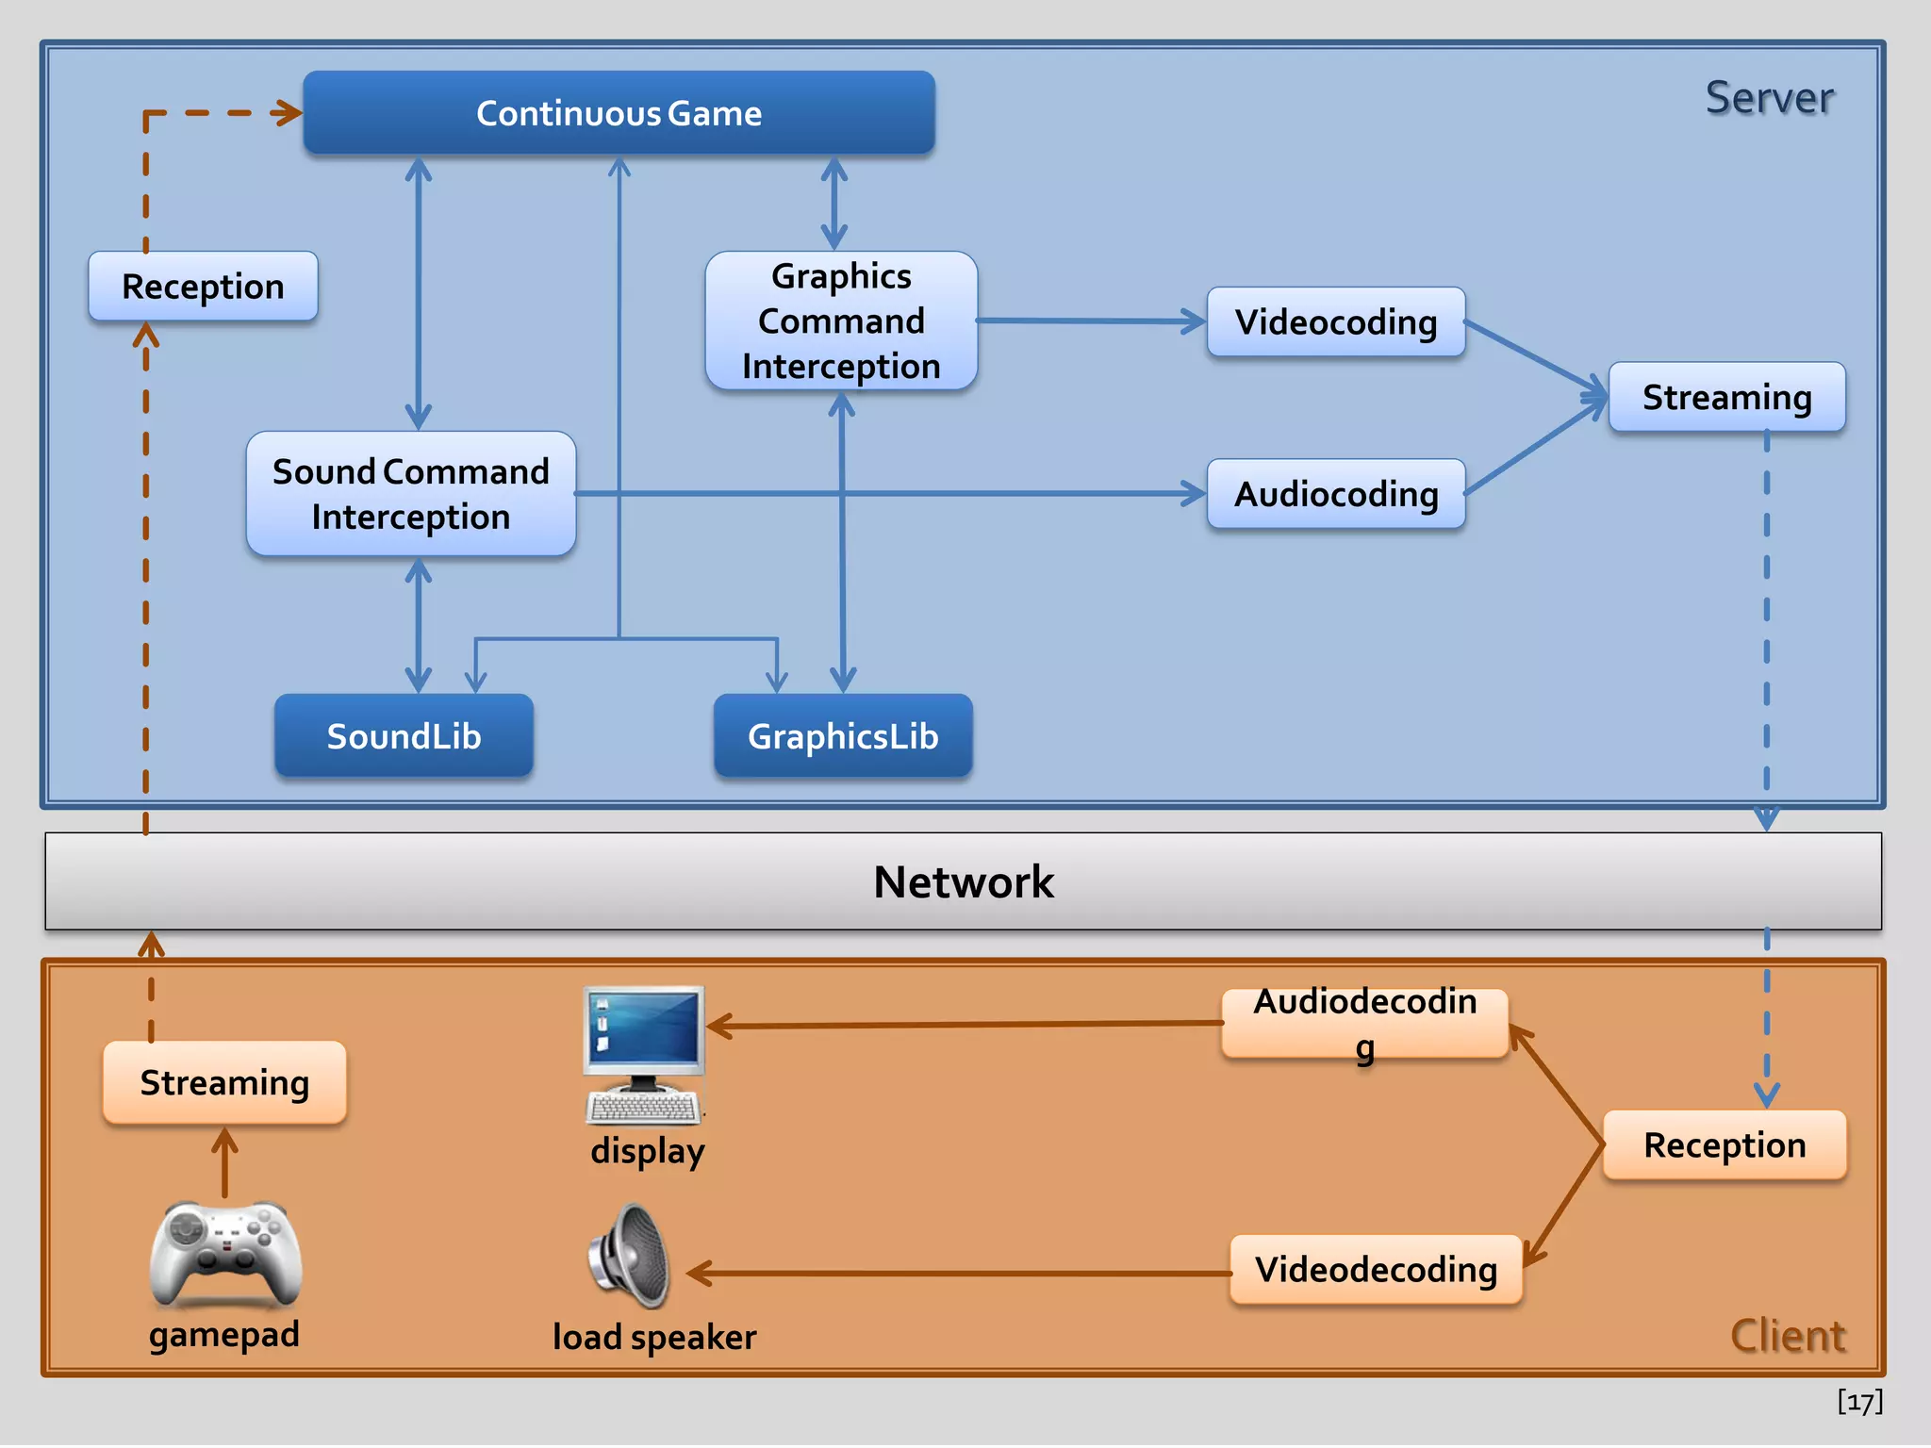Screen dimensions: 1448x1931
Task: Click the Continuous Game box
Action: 619,113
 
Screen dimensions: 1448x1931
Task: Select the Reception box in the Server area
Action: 203,287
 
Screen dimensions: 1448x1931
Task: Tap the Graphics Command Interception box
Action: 841,321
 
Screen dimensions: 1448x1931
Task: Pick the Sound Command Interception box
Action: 410,494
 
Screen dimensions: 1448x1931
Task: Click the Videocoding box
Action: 1336,322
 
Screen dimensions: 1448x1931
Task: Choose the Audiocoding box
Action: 1336,494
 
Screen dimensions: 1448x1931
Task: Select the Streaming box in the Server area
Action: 1726,397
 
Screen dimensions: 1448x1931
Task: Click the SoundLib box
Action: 404,736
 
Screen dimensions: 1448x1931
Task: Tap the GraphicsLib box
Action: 843,736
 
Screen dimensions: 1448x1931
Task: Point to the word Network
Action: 964,882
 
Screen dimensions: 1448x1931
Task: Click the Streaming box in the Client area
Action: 224,1082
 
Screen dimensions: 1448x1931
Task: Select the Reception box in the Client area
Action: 1725,1145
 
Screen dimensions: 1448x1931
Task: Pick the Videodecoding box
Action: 1376,1270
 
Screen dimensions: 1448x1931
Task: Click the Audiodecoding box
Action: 1364,1024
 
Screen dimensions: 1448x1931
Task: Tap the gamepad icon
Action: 225,1254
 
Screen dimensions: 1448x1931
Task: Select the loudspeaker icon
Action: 630,1256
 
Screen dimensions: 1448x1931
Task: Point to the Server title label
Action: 1769,98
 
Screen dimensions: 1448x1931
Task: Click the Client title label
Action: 1787,1336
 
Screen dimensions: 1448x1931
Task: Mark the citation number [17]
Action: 1859,1402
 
